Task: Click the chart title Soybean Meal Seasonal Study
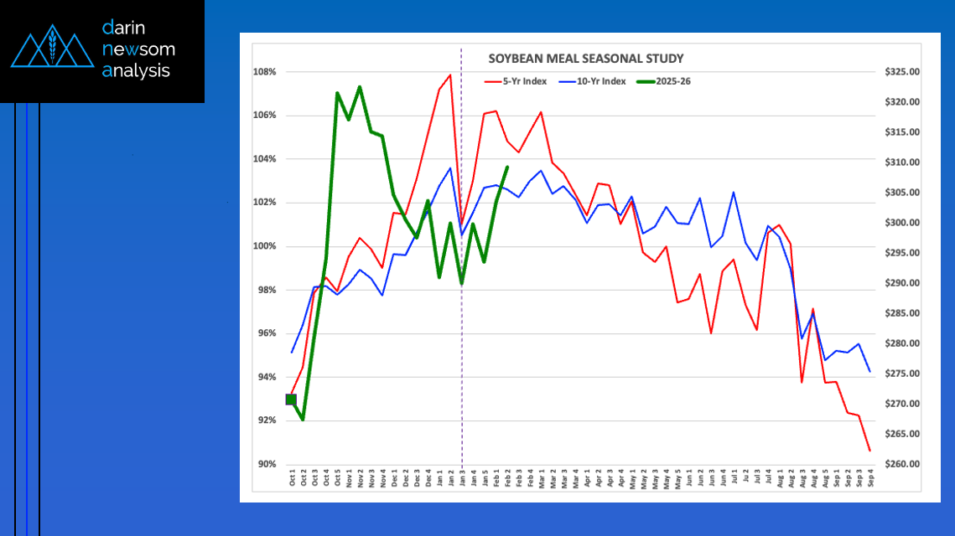[x=586, y=59]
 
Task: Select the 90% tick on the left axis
[x=266, y=464]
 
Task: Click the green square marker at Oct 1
[x=291, y=399]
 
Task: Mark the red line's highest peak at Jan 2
[x=450, y=75]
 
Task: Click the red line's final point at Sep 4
[x=869, y=451]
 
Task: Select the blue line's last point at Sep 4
[x=869, y=371]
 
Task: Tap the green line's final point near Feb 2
[x=507, y=167]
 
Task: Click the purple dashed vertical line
[x=462, y=335]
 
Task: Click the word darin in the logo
[x=124, y=28]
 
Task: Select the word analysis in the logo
[x=136, y=71]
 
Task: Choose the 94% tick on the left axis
[x=266, y=377]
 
